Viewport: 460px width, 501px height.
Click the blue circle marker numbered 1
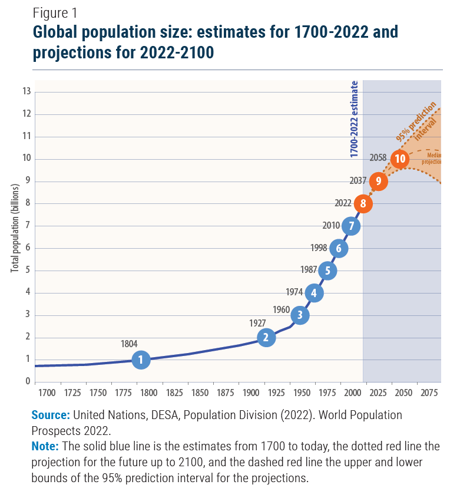click(x=141, y=360)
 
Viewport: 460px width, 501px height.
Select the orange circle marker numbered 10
click(x=400, y=159)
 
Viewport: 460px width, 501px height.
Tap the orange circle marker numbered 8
click(x=363, y=204)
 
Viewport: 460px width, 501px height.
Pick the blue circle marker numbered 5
click(x=327, y=271)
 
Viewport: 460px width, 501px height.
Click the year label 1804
click(x=130, y=344)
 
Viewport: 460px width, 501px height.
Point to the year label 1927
click(x=257, y=323)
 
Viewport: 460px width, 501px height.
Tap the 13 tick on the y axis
click(x=27, y=91)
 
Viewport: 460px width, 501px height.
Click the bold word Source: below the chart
click(x=50, y=415)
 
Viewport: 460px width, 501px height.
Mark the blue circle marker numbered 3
click(x=300, y=315)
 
